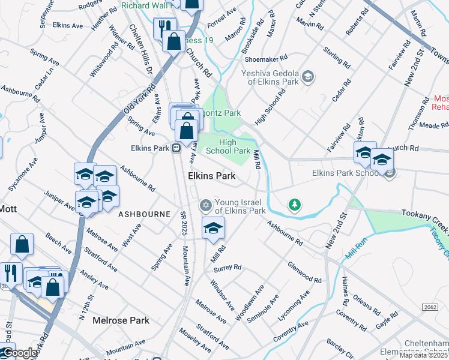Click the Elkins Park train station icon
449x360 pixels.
coord(176,148)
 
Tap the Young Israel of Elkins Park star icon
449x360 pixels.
coord(206,205)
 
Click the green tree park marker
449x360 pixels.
coord(294,205)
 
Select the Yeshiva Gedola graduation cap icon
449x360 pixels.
coord(308,76)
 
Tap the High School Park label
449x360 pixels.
coord(228,146)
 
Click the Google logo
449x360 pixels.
coord(19,353)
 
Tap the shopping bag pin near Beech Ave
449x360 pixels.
coord(22,245)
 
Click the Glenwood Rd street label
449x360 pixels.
coord(304,272)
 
